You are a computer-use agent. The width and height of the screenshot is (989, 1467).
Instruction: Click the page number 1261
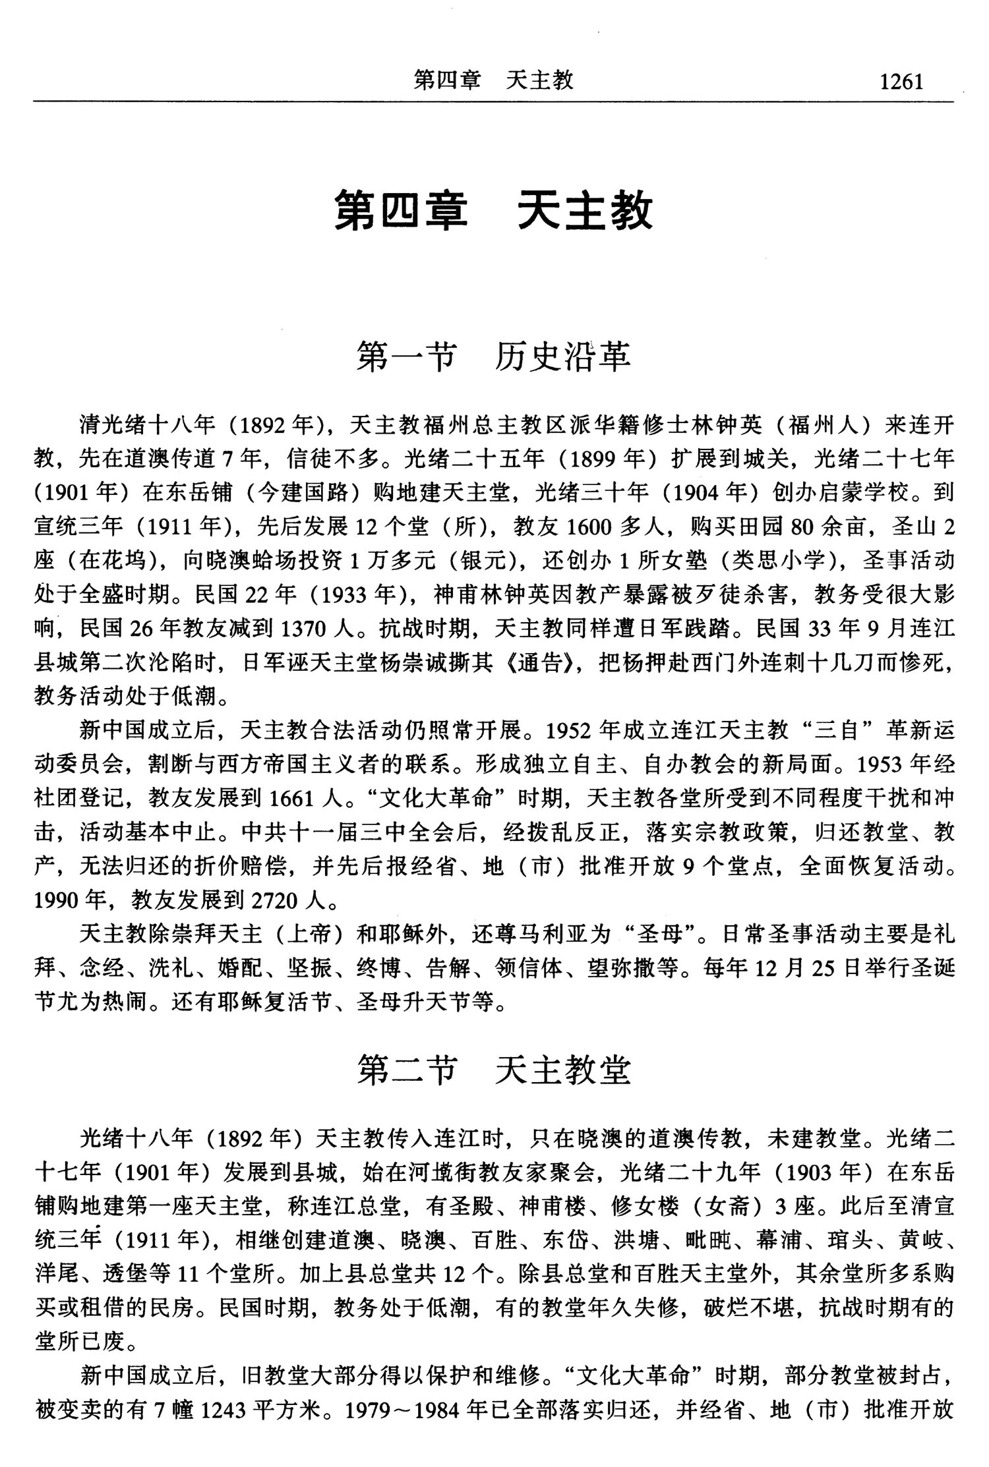[901, 82]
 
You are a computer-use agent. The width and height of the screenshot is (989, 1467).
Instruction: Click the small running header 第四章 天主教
[493, 80]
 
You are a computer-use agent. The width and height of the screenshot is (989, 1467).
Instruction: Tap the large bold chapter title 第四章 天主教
[493, 210]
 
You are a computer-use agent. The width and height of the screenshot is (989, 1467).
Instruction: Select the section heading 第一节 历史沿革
[493, 357]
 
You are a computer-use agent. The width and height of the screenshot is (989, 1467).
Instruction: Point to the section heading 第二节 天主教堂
[494, 1070]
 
